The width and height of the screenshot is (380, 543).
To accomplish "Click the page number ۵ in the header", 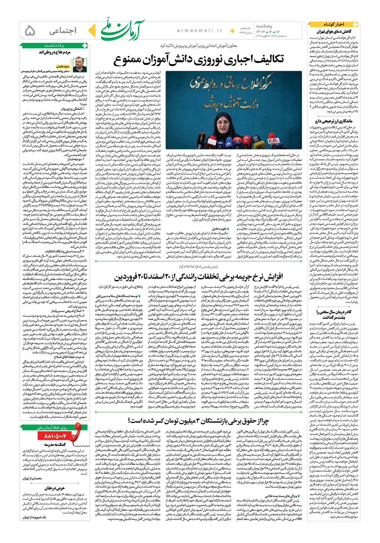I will click(30, 31).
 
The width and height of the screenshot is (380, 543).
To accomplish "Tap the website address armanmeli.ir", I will click(199, 31).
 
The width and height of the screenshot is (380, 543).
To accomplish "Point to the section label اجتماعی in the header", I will click(63, 31).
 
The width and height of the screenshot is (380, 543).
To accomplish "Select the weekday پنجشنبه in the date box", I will click(264, 26).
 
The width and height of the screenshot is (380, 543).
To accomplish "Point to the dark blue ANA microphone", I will click(256, 140).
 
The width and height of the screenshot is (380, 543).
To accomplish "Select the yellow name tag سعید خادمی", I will click(63, 66).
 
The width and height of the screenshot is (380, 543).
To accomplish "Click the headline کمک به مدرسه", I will click(55, 444).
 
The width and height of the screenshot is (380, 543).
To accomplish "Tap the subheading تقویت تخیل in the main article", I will click(219, 229).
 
